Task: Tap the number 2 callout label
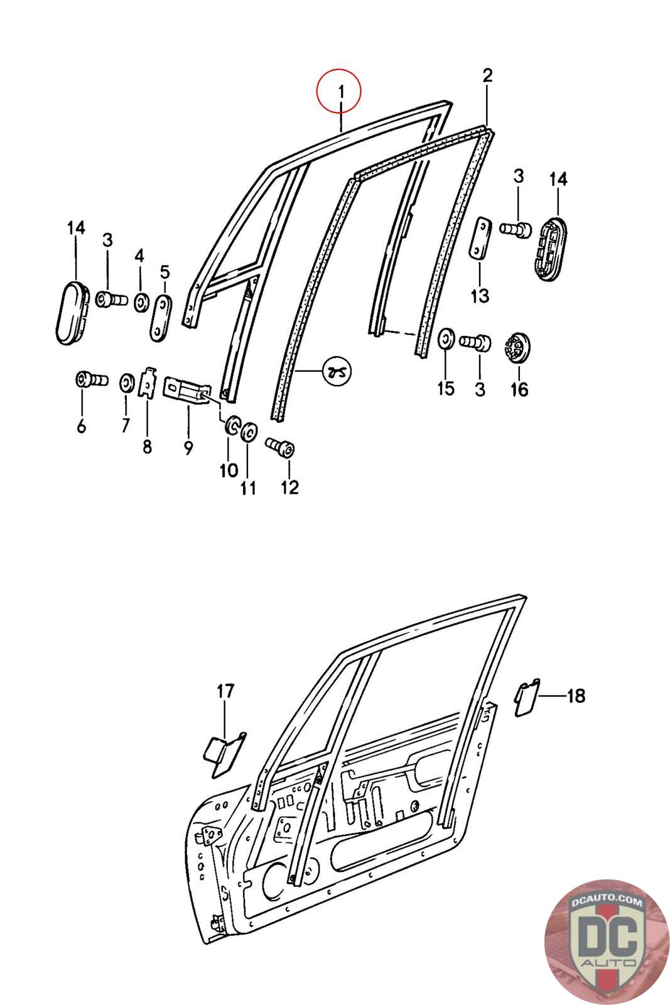(487, 76)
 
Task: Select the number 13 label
(480, 295)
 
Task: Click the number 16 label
(519, 389)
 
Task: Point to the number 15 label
(445, 389)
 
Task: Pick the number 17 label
(225, 692)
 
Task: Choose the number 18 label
(576, 696)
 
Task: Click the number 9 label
(188, 448)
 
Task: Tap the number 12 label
(289, 487)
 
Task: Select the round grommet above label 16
(518, 345)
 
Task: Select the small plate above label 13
(481, 237)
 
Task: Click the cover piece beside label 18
(525, 698)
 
